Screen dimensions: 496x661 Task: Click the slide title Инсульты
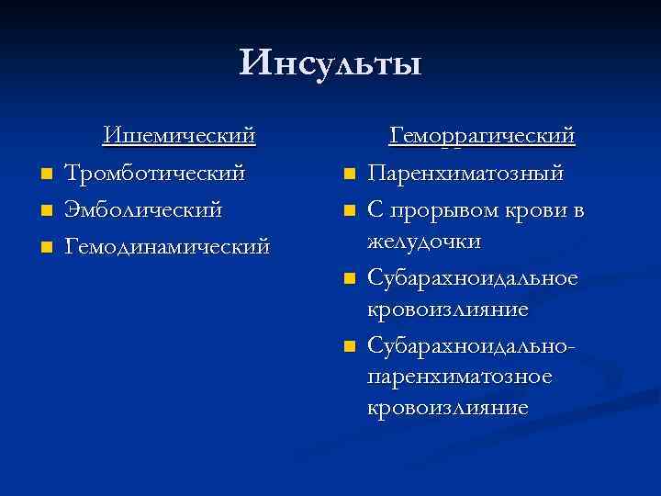click(330, 63)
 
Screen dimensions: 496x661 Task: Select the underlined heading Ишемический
click(178, 136)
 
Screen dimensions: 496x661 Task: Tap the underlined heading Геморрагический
click(482, 136)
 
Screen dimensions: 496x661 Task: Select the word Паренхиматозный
click(465, 173)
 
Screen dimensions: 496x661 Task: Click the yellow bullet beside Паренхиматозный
click(349, 174)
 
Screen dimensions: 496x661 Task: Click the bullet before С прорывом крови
click(349, 211)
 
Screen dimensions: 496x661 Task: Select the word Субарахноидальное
click(472, 277)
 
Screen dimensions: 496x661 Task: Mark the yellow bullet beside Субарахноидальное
click(349, 278)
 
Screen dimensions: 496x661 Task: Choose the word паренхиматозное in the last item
click(458, 376)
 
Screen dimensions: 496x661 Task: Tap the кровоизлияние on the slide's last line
click(447, 407)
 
